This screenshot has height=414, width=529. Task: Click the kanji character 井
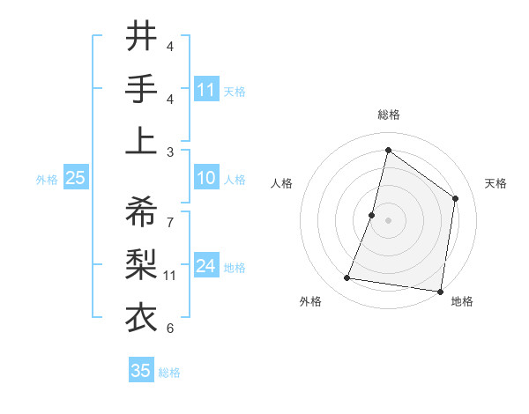coord(141,37)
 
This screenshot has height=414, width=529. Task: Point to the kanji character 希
coord(141,212)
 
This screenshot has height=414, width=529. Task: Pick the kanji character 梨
coord(141,263)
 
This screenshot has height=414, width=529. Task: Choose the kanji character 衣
coord(141,315)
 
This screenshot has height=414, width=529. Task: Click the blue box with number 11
coord(206,90)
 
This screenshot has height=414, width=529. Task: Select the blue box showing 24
coord(206,267)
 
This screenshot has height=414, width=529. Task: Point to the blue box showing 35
coord(141,371)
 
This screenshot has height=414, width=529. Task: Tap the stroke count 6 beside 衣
coord(170,329)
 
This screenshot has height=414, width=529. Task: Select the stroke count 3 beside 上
coord(170,152)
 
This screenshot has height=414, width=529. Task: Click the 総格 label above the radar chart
coord(388,115)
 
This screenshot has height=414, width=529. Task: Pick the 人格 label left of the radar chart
coord(282,183)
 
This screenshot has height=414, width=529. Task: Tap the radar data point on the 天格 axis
coord(456,198)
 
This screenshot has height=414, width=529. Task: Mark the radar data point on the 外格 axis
coord(347,278)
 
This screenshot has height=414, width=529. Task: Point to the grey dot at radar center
coord(388,220)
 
